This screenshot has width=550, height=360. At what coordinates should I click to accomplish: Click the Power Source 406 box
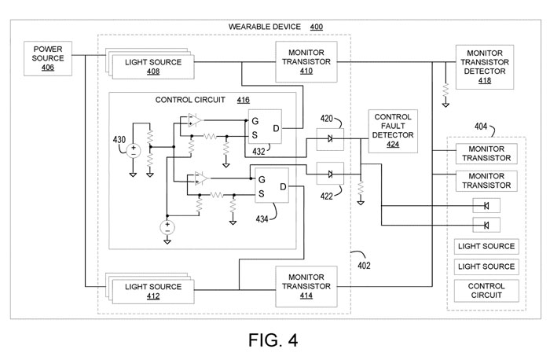pyautogui.click(x=48, y=58)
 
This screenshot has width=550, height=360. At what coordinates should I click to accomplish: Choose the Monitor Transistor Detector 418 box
pyautogui.click(x=486, y=65)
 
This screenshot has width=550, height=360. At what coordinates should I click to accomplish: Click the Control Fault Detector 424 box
pyautogui.click(x=393, y=130)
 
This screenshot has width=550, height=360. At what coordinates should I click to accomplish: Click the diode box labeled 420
pyautogui.click(x=329, y=140)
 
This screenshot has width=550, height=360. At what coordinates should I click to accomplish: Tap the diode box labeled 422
pyautogui.click(x=329, y=174)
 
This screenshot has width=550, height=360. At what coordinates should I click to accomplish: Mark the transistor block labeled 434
pyautogui.click(x=267, y=186)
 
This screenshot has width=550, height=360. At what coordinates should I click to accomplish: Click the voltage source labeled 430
pyautogui.click(x=134, y=149)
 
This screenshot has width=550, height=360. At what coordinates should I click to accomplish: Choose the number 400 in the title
pyautogui.click(x=316, y=27)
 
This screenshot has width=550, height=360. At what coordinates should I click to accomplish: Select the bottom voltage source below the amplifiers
pyautogui.click(x=167, y=227)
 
